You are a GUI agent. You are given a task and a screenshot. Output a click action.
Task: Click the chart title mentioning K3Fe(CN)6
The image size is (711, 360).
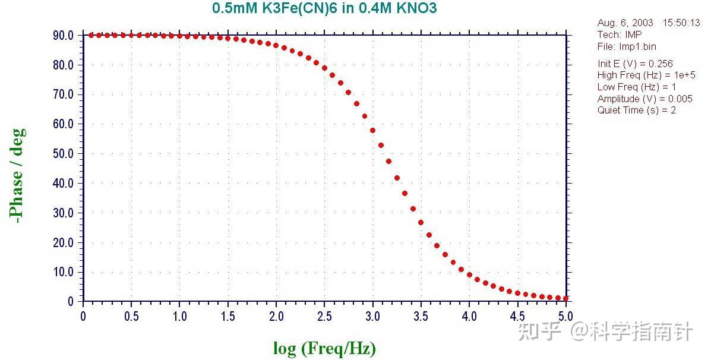click(x=325, y=9)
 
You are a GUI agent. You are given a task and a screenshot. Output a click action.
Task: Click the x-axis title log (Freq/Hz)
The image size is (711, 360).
click(x=324, y=348)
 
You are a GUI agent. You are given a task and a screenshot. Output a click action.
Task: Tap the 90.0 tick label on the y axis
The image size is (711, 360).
click(x=63, y=35)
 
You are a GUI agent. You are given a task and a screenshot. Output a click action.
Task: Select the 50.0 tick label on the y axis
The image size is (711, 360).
click(x=63, y=154)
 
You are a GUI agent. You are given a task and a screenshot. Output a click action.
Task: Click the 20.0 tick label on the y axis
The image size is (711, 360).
click(x=63, y=242)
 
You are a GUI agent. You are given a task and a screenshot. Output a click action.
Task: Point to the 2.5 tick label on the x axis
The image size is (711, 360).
click(x=324, y=315)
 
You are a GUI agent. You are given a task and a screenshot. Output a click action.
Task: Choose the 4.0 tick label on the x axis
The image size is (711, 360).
click(x=469, y=315)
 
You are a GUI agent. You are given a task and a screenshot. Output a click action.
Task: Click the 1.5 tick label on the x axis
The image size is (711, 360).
click(x=228, y=315)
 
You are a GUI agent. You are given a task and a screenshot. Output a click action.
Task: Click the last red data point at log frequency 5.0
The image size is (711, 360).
click(x=566, y=298)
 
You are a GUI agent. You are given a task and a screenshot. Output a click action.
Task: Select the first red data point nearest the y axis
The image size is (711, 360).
click(x=91, y=35)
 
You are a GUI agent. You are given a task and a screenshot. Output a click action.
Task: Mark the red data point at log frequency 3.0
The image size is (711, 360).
click(x=372, y=131)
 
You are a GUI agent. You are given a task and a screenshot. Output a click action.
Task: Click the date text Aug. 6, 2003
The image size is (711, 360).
click(x=625, y=23)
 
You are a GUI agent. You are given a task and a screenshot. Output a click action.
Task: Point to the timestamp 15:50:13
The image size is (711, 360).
click(x=681, y=23)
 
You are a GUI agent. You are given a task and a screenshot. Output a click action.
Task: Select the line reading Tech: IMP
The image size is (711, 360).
click(x=620, y=34)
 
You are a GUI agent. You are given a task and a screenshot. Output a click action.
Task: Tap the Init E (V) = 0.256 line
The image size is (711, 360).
click(x=635, y=64)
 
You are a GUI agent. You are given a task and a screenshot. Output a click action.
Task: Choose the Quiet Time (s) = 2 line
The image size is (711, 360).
click(x=637, y=110)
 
